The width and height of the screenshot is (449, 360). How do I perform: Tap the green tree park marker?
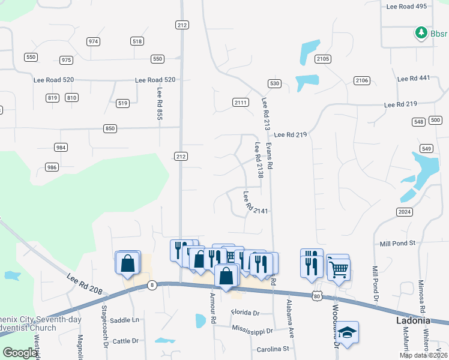422,33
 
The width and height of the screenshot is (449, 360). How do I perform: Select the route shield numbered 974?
93,41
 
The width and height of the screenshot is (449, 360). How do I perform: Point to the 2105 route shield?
323,58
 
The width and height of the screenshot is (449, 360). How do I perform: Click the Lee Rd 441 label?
414,78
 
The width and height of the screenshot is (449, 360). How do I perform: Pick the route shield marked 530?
274,83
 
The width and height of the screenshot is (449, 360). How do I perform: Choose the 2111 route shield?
240,103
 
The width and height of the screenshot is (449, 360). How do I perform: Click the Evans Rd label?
270,155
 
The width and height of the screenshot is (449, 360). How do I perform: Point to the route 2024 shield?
404,212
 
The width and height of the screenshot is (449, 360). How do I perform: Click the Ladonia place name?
414,321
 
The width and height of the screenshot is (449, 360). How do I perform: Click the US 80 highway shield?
317,295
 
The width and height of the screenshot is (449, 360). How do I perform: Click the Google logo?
20,353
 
